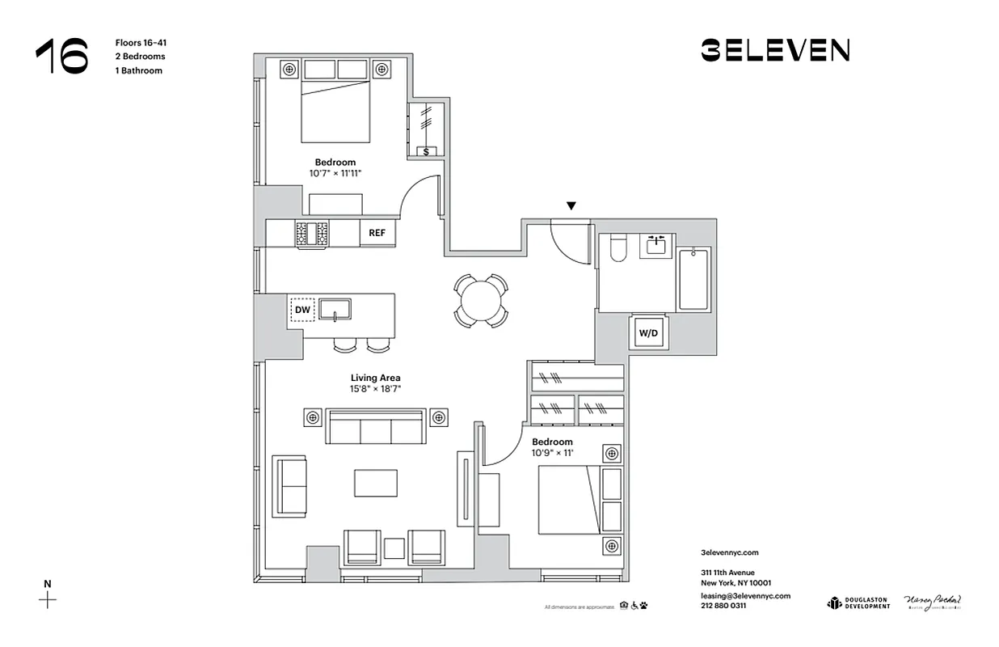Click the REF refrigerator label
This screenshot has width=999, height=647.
coord(377,233)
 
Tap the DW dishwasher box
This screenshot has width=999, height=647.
coord(302,309)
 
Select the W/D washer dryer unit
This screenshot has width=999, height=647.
coord(649,332)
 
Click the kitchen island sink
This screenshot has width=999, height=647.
coord(334,308)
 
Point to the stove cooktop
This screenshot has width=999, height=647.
coord(312,233)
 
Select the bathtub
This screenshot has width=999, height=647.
coord(693,280)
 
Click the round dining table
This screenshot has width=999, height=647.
coord(481,301)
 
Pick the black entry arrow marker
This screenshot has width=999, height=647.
coord(571,206)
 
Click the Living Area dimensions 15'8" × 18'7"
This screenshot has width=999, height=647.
coord(376,389)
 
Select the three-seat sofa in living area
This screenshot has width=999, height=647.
coord(376,427)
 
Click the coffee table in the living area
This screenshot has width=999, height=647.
coord(376,483)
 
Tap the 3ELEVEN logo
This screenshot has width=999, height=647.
coord(774,50)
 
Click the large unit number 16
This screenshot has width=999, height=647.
coord(61,57)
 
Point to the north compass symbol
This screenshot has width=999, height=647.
coord(48,599)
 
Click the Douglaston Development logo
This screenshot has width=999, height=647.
coord(858,603)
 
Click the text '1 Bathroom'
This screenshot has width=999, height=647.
coord(138,70)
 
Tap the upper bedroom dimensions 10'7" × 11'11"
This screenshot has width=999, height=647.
coord(335,173)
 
